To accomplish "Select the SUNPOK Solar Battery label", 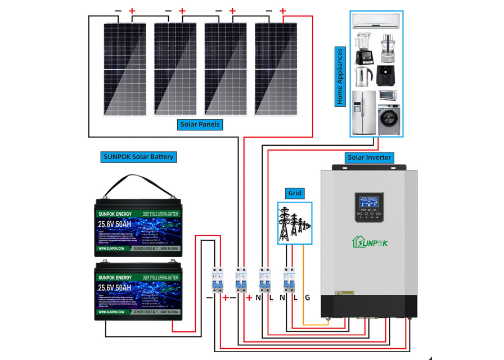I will pos(138,156).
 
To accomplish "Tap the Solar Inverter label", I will pos(369,157).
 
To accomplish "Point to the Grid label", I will pos(295,193).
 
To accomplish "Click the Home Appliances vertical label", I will pos(340,76).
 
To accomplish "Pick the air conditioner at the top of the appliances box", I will pos(376,21).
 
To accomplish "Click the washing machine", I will pos(389,120).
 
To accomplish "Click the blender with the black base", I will pos(362,47).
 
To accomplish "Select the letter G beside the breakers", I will pos(307,297).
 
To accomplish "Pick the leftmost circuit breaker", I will pos(218,279).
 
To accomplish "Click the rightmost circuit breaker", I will pos(289,279).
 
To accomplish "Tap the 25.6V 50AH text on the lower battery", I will pos(114,288).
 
